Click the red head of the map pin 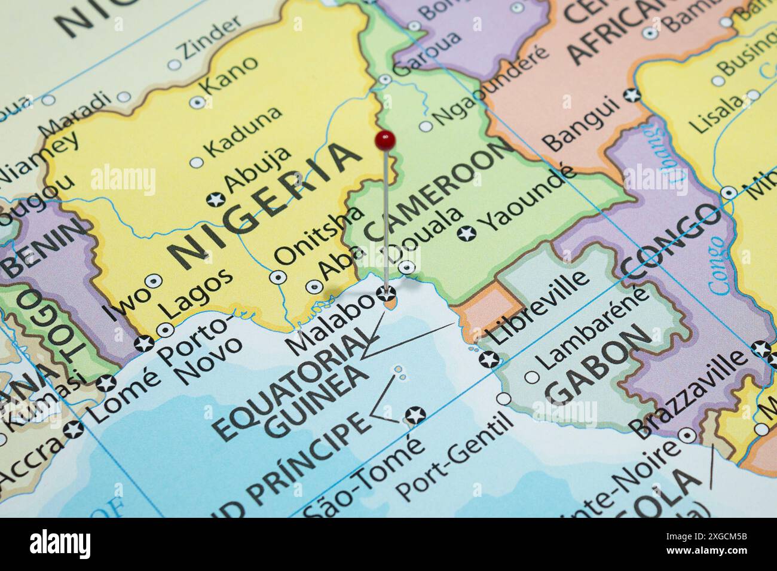click(385, 140)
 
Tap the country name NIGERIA click(267, 207)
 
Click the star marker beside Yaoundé click(467, 234)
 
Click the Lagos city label click(197, 293)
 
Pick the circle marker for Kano click(197, 102)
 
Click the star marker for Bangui click(631, 94)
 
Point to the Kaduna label click(242, 130)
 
